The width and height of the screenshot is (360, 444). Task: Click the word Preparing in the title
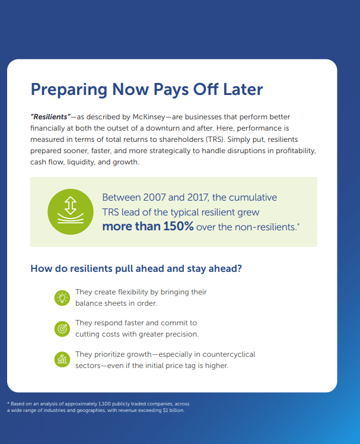69,90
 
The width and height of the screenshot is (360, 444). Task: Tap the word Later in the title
243,89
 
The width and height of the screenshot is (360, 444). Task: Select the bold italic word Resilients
50,117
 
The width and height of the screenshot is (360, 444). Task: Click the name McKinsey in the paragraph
149,117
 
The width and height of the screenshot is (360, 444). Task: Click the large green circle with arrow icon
71,211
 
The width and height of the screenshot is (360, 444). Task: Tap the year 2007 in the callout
154,197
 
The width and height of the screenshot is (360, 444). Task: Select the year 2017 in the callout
198,197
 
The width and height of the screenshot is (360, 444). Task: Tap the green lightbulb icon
62,298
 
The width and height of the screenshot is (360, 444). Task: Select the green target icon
62,329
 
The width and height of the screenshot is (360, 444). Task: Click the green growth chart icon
62,359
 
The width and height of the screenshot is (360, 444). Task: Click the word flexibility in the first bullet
133,292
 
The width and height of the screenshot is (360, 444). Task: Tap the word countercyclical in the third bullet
229,354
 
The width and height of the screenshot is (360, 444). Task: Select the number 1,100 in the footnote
104,404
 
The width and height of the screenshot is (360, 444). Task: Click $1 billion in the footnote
174,410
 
